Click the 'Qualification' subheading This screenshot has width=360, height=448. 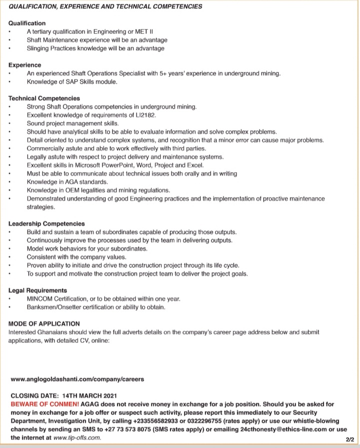coord(27,23)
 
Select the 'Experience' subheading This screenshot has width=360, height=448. coord(25,65)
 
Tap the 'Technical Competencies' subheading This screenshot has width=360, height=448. coord(44,99)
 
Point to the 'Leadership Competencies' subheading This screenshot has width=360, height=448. coord(46,224)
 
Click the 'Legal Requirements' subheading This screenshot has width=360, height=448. coord(37,290)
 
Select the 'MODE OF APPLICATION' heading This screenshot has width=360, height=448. coord(44,324)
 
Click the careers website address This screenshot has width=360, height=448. coord(77,379)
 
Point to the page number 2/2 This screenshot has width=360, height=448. coord(349,439)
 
